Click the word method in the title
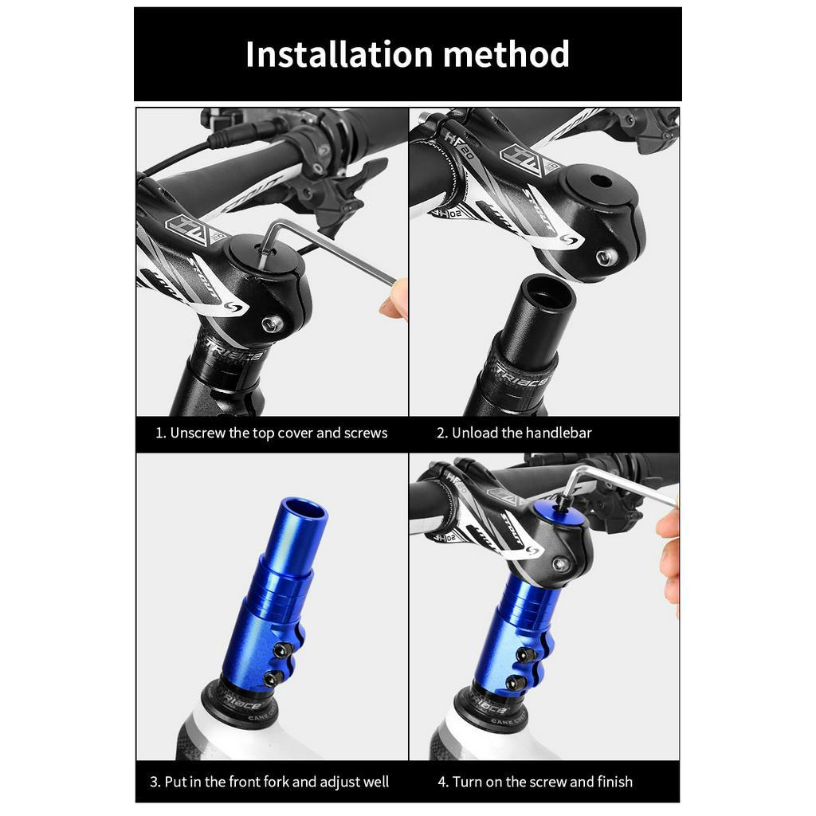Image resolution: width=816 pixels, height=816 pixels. pos(506,55)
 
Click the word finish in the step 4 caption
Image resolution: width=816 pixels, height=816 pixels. pos(615,782)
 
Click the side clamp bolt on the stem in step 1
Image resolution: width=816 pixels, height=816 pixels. pos(273,324)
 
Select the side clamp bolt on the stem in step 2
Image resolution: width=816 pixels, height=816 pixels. pos(606,257)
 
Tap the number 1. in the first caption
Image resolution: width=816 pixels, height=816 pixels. pos(161,433)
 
